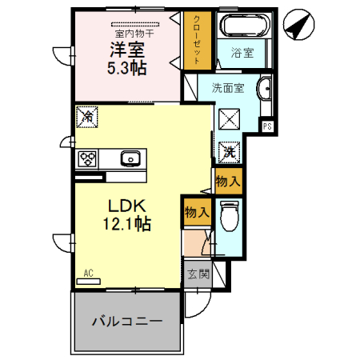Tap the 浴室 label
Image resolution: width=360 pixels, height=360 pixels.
[x=242, y=54]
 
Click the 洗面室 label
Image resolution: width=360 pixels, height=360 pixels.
[x=227, y=87]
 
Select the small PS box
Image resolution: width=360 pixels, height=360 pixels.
[x=267, y=126]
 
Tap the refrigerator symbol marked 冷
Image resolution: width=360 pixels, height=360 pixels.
[x=86, y=118]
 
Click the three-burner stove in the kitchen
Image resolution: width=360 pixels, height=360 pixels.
[x=87, y=158]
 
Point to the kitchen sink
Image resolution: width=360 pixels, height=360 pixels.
[x=130, y=158]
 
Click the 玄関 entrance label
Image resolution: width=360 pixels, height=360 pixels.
[x=197, y=274]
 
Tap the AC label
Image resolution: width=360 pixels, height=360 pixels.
[x=88, y=274]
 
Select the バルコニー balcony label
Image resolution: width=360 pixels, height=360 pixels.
[x=126, y=321]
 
